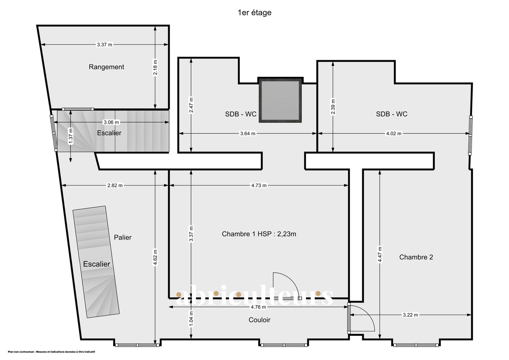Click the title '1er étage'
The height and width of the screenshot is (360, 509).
[254, 12]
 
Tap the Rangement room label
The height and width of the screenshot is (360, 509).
[106, 67]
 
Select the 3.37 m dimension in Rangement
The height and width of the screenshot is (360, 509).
[105, 45]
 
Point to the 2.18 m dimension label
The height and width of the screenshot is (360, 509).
[155, 67]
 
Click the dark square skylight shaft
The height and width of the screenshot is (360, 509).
[280, 100]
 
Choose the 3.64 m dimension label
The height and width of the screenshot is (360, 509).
[248, 134]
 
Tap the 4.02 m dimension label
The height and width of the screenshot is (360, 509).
[394, 134]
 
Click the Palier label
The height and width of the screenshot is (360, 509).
[123, 237]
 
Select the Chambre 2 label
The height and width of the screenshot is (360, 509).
[416, 257]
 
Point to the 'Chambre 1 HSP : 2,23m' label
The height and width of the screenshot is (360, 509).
[259, 234]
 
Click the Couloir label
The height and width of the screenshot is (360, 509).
[260, 320]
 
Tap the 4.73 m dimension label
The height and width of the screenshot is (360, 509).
[259, 185]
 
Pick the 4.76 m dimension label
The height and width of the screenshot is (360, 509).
[258, 307]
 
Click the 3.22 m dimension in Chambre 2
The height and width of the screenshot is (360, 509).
[410, 315]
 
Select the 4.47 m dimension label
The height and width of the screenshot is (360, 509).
[380, 254]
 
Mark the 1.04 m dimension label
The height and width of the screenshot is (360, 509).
[191, 319]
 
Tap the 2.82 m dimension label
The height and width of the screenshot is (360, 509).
[115, 185]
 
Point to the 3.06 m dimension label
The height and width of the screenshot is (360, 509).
[111, 122]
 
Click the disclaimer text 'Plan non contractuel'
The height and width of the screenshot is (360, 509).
[21, 352]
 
